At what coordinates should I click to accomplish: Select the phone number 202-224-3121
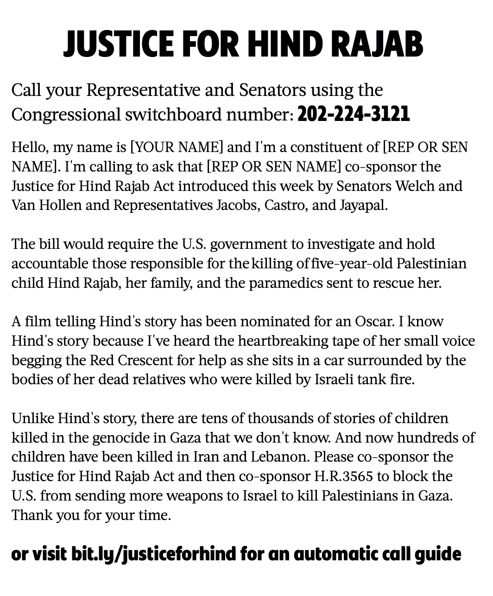(354, 114)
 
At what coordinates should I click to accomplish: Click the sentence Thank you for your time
(91, 515)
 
